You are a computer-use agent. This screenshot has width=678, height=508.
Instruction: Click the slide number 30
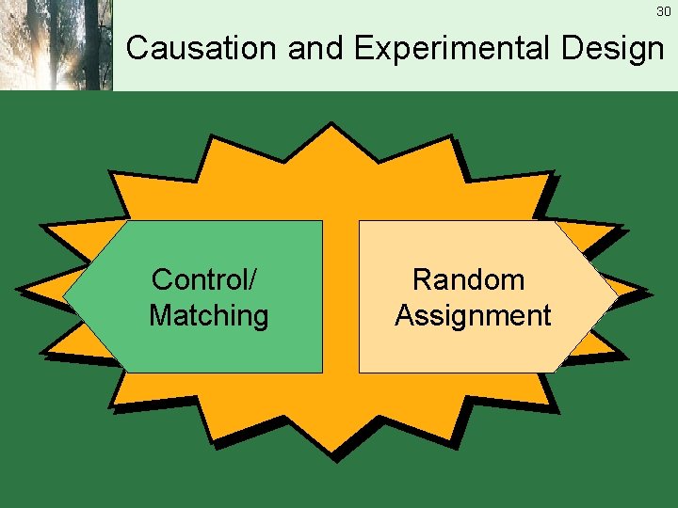click(x=664, y=11)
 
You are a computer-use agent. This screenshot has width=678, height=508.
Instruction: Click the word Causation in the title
click(x=202, y=48)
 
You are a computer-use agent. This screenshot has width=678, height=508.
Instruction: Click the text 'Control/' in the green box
click(x=206, y=279)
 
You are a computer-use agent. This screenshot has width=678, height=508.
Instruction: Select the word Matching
click(x=209, y=315)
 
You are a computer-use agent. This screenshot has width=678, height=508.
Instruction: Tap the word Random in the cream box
click(x=469, y=279)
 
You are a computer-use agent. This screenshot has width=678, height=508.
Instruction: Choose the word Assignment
click(x=473, y=315)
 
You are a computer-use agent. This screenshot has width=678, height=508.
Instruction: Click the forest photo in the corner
click(x=56, y=45)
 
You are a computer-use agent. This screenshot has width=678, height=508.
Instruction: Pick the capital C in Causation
click(x=137, y=48)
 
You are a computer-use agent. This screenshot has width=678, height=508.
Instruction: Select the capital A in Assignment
click(x=405, y=315)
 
